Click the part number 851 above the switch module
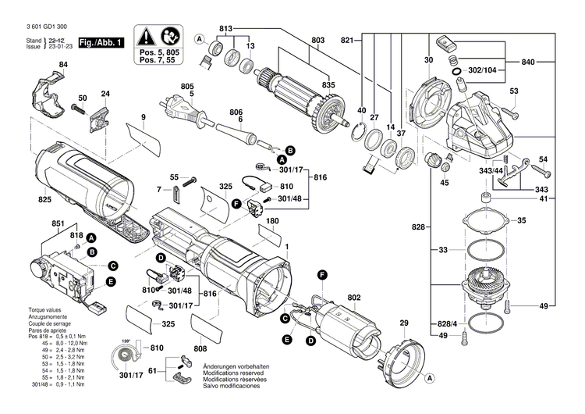coord(58,225)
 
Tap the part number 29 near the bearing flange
coord(404,323)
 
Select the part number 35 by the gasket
coord(521,221)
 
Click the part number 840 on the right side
coord(528,62)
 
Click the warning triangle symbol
coord(145,36)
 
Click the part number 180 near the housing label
coord(273,221)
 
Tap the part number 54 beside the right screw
coord(543,159)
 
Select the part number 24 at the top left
coord(105,95)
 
